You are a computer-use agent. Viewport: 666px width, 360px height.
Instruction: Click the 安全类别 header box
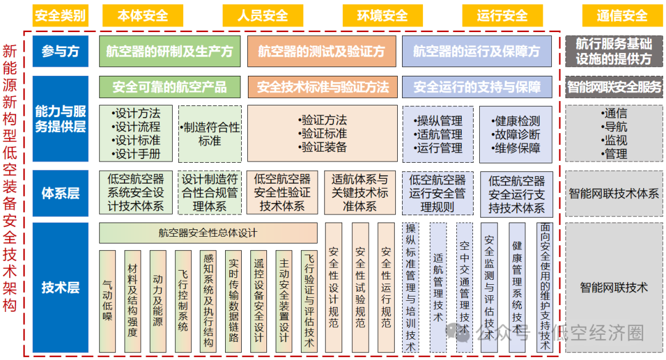60,15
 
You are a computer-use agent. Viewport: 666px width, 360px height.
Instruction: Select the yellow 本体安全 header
142,15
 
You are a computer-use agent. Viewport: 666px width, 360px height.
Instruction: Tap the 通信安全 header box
622,15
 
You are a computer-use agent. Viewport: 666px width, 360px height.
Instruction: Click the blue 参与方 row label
60,52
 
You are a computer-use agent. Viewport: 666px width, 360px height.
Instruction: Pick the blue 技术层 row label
60,287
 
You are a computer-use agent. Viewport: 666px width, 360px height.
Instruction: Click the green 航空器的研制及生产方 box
170,52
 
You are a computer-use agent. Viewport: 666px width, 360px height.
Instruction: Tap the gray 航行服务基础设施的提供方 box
614,52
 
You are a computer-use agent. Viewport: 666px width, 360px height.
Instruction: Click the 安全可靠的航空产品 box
170,87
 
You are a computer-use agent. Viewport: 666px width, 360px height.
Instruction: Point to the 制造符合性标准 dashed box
210,134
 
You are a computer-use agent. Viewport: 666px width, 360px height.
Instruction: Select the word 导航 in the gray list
615,127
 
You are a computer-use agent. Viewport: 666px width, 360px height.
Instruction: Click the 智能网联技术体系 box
614,193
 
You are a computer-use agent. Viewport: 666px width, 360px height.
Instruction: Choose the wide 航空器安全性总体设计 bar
208,233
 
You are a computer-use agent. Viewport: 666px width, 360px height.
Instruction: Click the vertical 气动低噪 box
107,301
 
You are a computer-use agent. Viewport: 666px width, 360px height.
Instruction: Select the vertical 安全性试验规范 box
360,287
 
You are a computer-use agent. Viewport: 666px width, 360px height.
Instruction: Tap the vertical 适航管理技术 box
438,287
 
